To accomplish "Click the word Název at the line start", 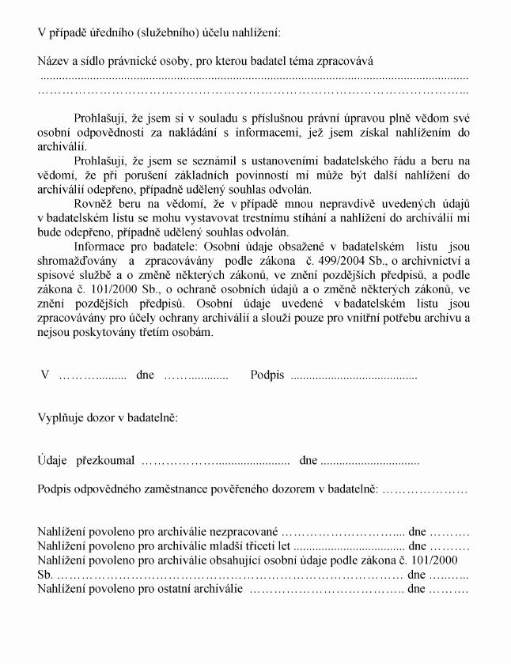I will pos(54,61).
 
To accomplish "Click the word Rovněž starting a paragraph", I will pos(93,204).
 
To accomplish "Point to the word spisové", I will pos(56,275).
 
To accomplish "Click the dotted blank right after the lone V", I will pos(93,375).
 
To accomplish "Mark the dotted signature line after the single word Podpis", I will pos(354,375).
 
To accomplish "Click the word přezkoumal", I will pos(105,459).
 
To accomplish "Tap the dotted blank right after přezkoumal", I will pos(214,460).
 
